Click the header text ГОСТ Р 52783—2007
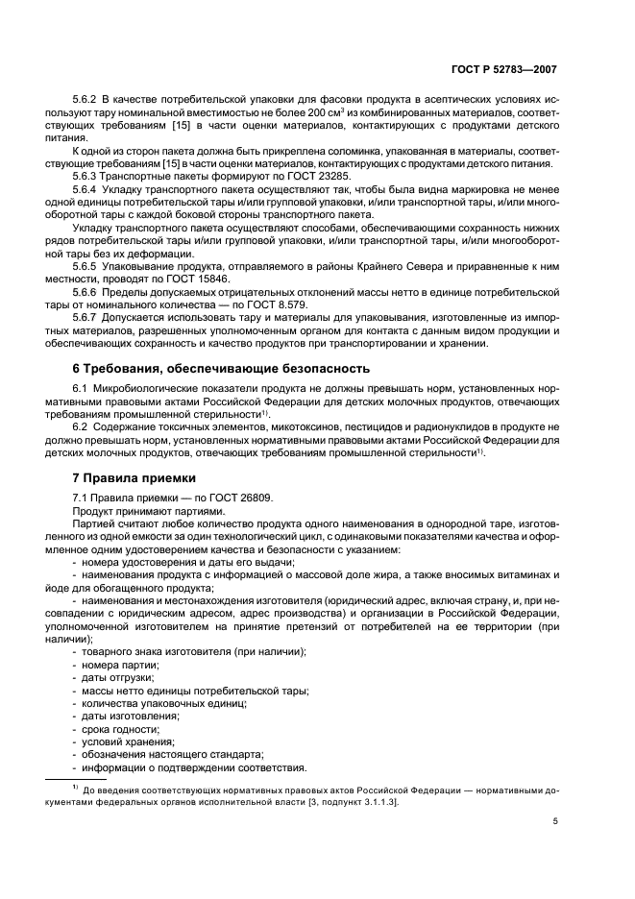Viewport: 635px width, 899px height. [x=509, y=70]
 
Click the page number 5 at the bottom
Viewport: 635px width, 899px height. [x=555, y=822]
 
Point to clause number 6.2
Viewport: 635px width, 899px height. [x=84, y=425]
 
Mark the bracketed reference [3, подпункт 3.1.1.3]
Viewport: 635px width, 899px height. [x=349, y=801]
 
